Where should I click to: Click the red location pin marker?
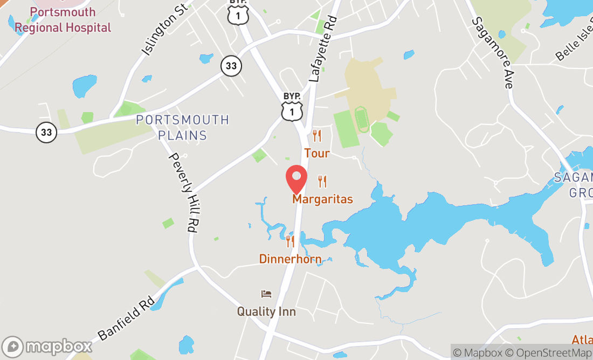coord(296,179)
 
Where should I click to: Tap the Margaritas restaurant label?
coord(322,199)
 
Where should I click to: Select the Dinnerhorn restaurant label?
coord(290,259)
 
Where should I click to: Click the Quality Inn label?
coord(266,311)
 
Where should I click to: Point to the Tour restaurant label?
coord(316,154)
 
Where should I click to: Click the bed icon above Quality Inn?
coord(266,294)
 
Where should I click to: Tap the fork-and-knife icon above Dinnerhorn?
coord(290,241)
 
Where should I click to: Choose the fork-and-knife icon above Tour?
coord(317,136)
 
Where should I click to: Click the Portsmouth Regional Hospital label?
coord(63,20)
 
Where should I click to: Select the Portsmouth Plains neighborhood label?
coord(182,127)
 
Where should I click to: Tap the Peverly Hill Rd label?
coord(183,192)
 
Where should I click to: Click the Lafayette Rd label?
coord(323,50)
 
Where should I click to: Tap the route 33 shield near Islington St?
coord(231,66)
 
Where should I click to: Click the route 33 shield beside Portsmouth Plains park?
coord(47,132)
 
